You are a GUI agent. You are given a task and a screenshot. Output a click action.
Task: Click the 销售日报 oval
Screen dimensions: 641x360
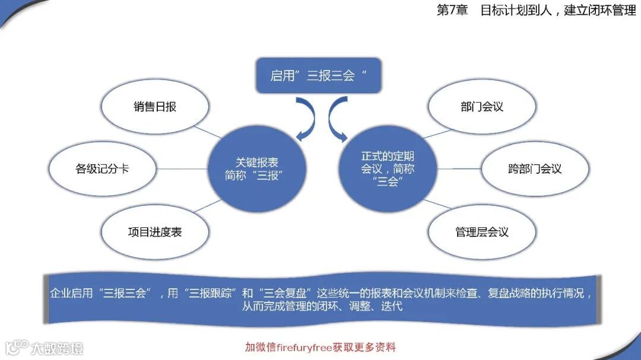(x=155, y=107)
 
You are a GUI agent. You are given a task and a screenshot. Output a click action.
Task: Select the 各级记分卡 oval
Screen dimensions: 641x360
(x=102, y=168)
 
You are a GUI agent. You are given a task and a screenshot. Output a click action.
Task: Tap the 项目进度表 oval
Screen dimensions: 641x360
(x=155, y=232)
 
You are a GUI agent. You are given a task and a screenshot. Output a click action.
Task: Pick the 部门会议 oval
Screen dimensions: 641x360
(x=482, y=107)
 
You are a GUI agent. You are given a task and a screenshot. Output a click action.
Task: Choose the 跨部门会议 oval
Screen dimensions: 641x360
(x=535, y=168)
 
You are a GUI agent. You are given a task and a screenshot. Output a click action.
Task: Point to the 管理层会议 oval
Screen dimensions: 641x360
(x=482, y=232)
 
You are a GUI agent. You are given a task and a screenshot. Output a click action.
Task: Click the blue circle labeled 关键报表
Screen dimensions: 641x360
(x=256, y=168)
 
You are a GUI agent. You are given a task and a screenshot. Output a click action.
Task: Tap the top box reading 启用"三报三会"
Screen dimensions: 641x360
(x=318, y=76)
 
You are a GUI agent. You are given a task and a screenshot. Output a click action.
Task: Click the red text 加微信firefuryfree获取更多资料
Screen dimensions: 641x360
(x=320, y=347)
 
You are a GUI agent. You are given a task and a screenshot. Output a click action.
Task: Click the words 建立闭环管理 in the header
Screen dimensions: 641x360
(x=599, y=11)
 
